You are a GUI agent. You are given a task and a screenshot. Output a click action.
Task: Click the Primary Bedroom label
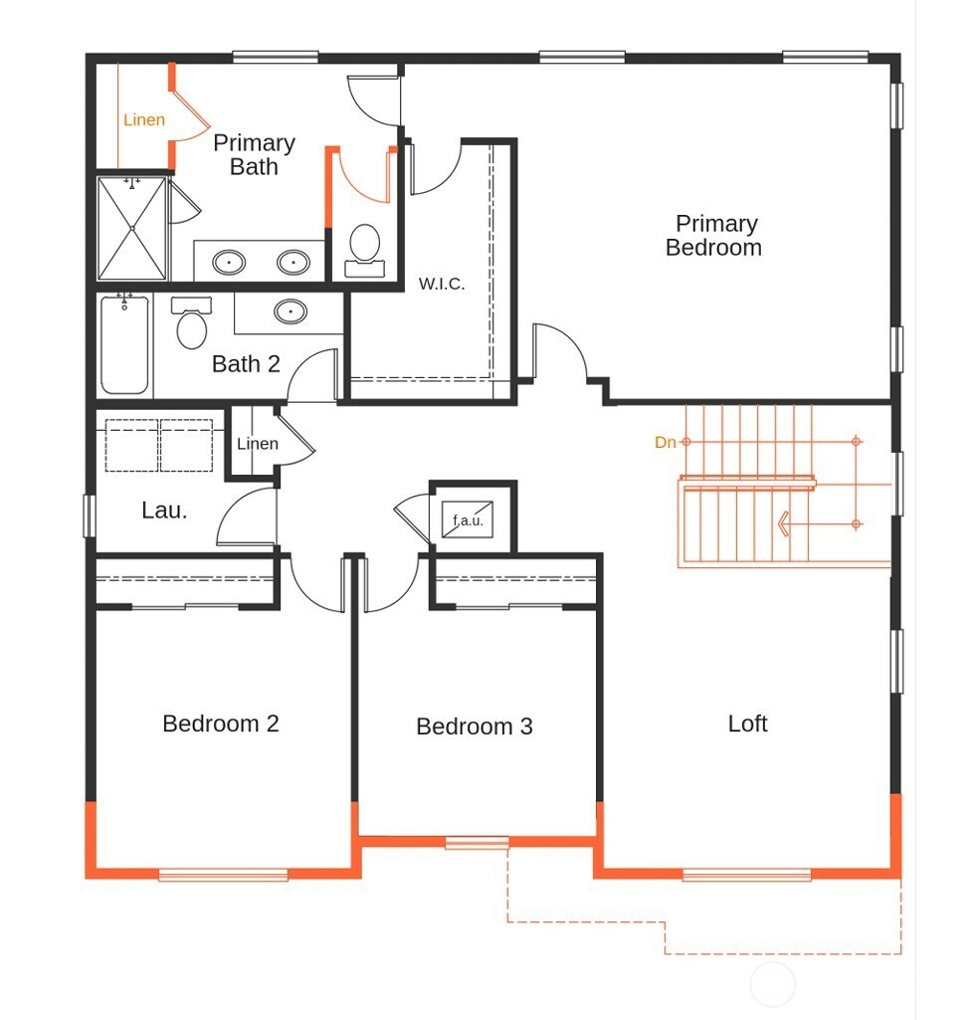pyautogui.click(x=714, y=236)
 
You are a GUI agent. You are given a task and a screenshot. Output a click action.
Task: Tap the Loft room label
pyautogui.click(x=747, y=723)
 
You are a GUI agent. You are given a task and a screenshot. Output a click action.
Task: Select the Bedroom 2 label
pyautogui.click(x=221, y=723)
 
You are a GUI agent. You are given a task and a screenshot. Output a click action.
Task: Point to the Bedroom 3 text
pyautogui.click(x=475, y=726)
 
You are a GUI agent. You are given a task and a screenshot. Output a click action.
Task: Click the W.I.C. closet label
pyautogui.click(x=442, y=284)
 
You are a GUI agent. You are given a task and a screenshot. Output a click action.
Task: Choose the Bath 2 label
pyautogui.click(x=246, y=363)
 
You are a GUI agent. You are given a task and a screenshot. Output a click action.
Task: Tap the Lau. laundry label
pyautogui.click(x=164, y=510)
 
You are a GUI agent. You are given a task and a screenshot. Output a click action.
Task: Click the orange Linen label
pyautogui.click(x=143, y=119)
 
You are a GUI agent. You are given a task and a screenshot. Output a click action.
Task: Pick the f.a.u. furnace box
pyautogui.click(x=468, y=519)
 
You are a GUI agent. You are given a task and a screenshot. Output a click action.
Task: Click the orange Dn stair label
pyautogui.click(x=665, y=443)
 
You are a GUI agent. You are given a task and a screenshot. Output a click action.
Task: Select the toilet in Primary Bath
pyautogui.click(x=364, y=251)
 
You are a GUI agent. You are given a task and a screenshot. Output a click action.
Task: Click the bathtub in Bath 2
pyautogui.click(x=125, y=343)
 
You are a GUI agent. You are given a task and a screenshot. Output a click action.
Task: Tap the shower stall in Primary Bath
pyautogui.click(x=132, y=228)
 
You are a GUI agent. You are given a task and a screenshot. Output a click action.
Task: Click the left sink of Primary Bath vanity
pyautogui.click(x=229, y=262)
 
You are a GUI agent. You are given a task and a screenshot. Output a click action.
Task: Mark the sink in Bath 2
pyautogui.click(x=291, y=311)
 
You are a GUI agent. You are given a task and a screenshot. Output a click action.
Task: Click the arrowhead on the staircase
pyautogui.click(x=784, y=523)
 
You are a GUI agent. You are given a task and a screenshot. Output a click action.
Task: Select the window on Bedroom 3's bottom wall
pyautogui.click(x=477, y=843)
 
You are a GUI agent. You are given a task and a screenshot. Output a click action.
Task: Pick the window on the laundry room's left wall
pyautogui.click(x=90, y=515)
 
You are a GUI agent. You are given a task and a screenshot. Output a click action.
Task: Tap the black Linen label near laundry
pyautogui.click(x=258, y=444)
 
